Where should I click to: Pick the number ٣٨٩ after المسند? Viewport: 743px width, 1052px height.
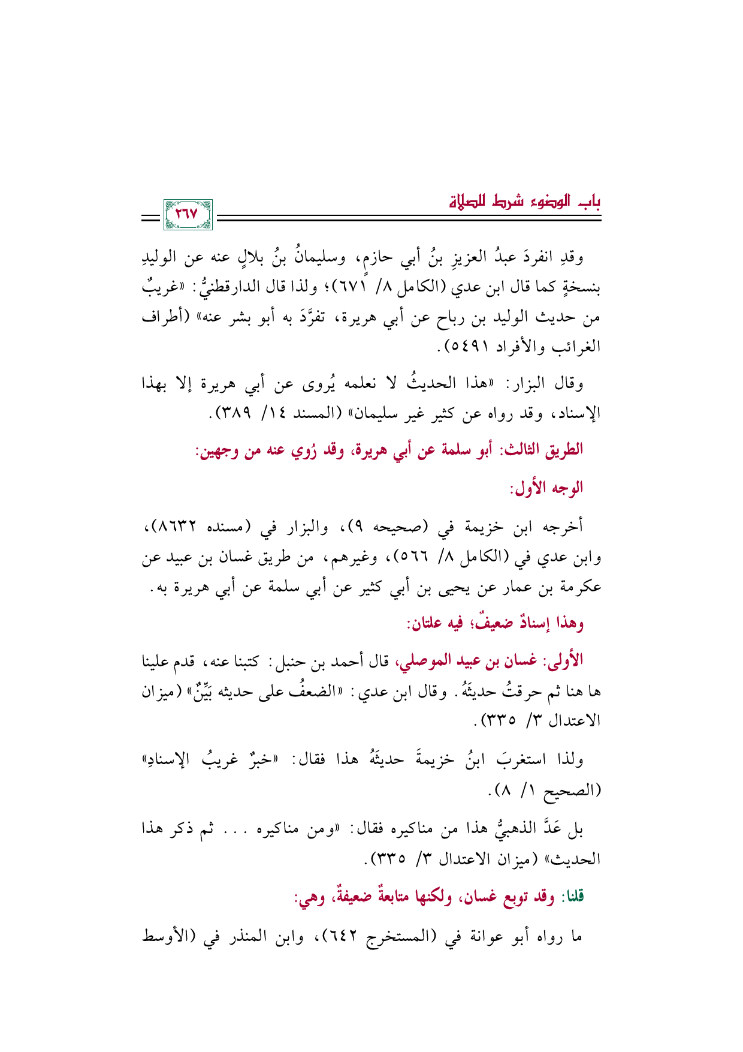[x=234, y=413]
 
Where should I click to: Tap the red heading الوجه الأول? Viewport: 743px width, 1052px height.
[x=546, y=488]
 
